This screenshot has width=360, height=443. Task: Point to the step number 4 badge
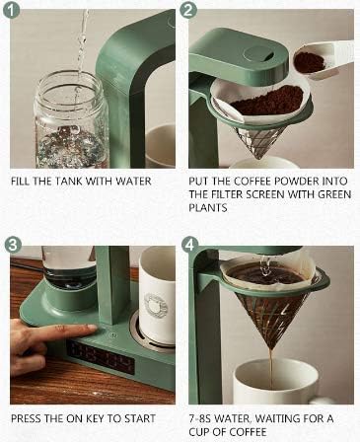point(188,244)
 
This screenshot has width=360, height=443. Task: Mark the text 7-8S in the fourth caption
point(203,418)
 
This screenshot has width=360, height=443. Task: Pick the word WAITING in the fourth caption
point(286,418)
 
